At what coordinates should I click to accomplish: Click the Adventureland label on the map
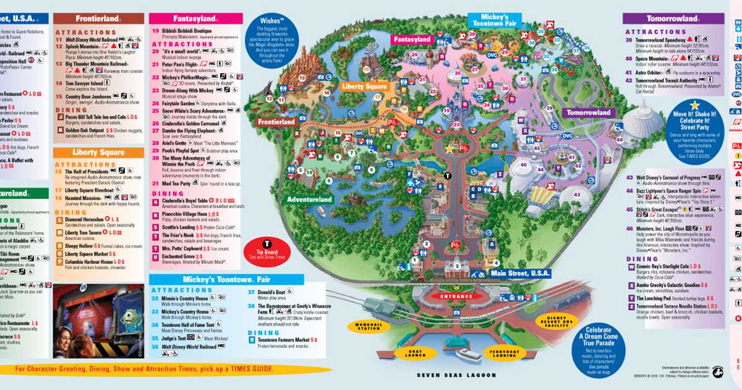click(309, 199)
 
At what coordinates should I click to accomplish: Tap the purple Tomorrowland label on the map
click(586, 113)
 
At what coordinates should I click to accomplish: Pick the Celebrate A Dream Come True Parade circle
click(599, 350)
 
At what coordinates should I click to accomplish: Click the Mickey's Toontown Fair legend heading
click(226, 279)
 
